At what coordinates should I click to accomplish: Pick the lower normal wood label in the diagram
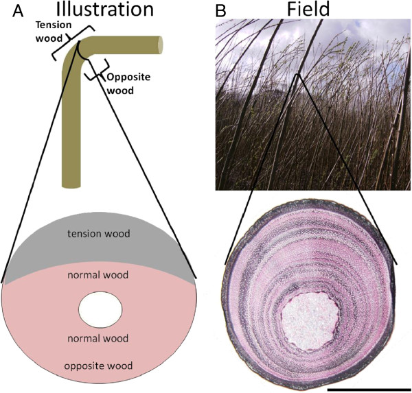click(100, 339)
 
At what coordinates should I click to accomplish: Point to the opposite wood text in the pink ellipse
click(100, 365)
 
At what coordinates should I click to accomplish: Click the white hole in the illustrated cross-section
click(100, 309)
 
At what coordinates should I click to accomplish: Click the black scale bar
click(369, 388)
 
